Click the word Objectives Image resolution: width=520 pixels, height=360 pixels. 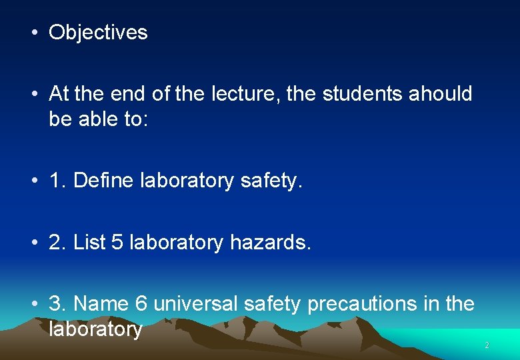[98, 33]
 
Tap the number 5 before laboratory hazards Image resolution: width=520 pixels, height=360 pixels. [117, 243]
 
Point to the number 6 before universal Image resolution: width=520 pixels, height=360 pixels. [141, 304]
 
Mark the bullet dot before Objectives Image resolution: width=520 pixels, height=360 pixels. [34, 33]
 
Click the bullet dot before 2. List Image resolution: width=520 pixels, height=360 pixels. [34, 243]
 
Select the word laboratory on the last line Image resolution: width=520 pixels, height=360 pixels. [95, 329]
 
